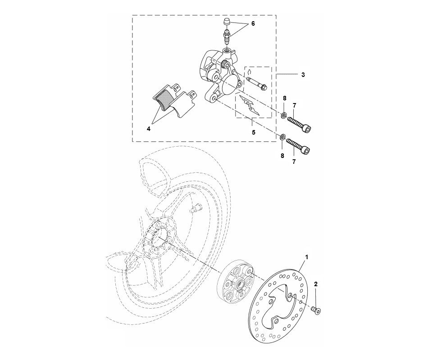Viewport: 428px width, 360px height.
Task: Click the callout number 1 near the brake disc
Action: coord(307,257)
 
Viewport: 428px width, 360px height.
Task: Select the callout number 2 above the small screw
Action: coord(316,285)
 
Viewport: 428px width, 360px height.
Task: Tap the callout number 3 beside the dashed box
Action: coord(303,75)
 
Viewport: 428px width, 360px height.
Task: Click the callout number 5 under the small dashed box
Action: coord(253,133)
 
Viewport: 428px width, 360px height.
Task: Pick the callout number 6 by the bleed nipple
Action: coord(253,24)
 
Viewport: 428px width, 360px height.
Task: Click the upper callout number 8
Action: coord(284,98)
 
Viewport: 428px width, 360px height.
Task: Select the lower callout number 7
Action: coord(294,161)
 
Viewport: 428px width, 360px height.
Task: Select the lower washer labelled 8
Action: coord(282,137)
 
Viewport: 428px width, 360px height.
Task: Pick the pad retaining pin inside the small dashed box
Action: coord(257,84)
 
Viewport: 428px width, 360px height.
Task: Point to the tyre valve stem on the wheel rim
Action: coord(197,209)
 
